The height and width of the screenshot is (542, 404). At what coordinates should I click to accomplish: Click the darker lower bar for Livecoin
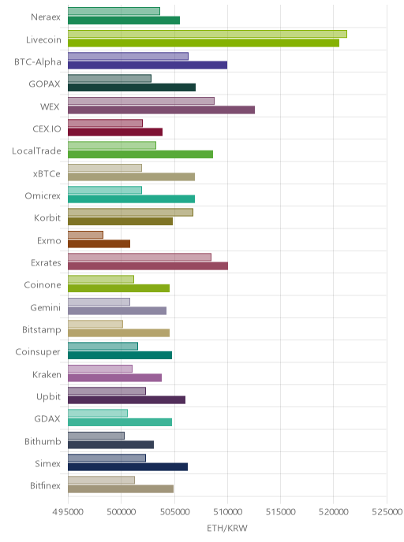tap(204, 43)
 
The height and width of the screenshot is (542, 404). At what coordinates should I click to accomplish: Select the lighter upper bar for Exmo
tap(85, 235)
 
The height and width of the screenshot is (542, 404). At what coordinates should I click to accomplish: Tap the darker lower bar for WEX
tap(161, 110)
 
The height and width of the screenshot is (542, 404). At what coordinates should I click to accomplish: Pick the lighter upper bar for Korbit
tap(130, 212)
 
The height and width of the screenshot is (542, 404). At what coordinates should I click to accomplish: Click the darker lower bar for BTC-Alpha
tap(148, 65)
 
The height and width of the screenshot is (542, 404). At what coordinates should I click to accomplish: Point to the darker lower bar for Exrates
tap(148, 265)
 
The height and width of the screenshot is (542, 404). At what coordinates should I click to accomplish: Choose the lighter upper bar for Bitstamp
tap(95, 324)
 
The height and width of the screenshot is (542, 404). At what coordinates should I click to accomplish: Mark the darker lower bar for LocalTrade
tap(140, 154)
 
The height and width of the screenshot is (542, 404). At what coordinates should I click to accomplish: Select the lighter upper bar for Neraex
tap(114, 11)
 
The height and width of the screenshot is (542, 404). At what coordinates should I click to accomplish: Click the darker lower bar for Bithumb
tap(110, 444)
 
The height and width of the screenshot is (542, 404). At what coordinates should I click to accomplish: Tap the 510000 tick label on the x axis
tap(227, 511)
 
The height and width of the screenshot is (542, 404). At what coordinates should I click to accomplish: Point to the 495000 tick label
tap(68, 511)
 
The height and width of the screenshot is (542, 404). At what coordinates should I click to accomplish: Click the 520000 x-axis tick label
tap(333, 511)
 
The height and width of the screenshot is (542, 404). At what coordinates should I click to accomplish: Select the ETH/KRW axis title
tap(227, 528)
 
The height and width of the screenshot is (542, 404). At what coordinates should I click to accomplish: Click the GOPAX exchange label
tap(44, 84)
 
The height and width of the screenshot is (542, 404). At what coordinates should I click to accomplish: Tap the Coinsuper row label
tap(38, 352)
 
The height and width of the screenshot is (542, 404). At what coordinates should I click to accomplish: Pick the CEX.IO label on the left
tap(47, 129)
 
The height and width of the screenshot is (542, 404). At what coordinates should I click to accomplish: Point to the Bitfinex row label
tap(45, 485)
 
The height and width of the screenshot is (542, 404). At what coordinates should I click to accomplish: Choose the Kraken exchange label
tap(47, 374)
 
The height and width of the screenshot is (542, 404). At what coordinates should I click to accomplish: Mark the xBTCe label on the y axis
tap(47, 173)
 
